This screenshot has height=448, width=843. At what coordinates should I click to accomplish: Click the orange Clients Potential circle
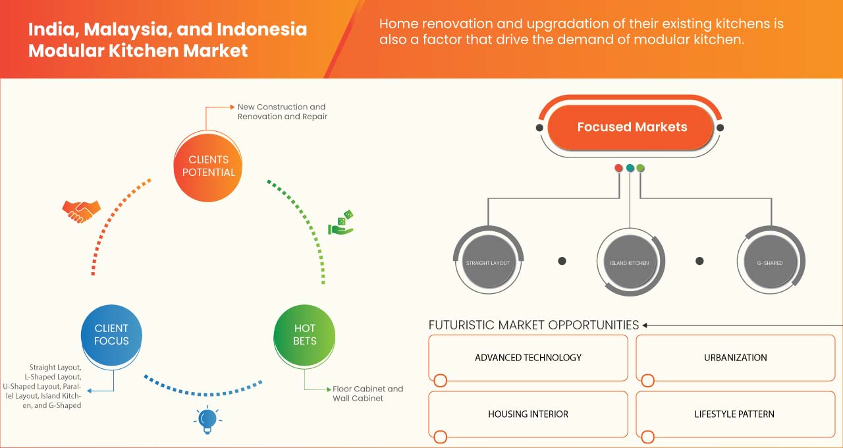207,166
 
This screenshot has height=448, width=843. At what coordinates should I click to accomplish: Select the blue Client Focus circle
111,335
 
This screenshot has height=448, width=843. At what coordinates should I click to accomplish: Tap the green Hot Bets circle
304,335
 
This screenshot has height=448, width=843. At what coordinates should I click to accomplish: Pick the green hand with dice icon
341,223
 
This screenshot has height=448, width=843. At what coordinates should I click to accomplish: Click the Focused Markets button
632,127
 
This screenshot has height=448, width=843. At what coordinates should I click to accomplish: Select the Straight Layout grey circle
488,263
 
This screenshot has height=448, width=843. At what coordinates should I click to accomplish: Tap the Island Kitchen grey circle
630,263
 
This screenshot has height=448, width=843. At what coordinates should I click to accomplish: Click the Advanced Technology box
528,358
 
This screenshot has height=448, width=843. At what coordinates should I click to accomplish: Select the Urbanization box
734,358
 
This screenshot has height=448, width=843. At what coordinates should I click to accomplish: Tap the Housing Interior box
528,414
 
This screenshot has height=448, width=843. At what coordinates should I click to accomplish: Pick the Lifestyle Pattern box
734,414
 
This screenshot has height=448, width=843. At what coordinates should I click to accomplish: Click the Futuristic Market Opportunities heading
533,325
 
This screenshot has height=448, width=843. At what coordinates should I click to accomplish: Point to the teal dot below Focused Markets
630,168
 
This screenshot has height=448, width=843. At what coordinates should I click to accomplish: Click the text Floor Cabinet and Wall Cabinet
367,393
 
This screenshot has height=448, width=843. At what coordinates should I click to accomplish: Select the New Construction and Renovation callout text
282,111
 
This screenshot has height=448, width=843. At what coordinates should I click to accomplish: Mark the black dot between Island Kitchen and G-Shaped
700,261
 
